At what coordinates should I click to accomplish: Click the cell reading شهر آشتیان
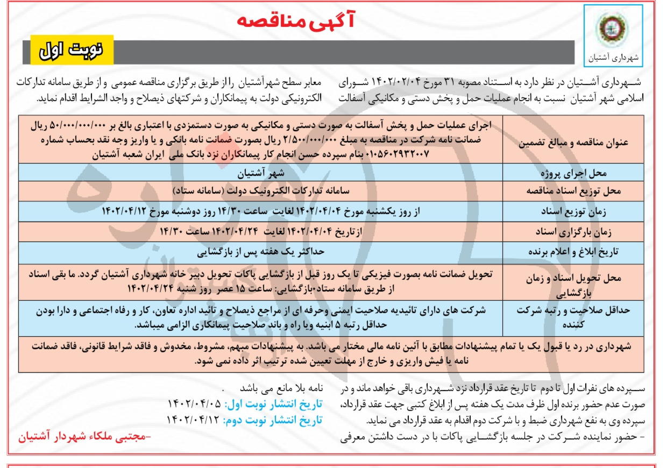tap(261, 174)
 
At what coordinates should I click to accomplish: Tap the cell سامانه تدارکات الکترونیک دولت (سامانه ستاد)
tap(261, 192)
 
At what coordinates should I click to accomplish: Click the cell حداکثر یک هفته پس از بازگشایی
tap(261, 251)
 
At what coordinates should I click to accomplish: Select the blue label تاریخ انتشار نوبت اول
tap(273, 405)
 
